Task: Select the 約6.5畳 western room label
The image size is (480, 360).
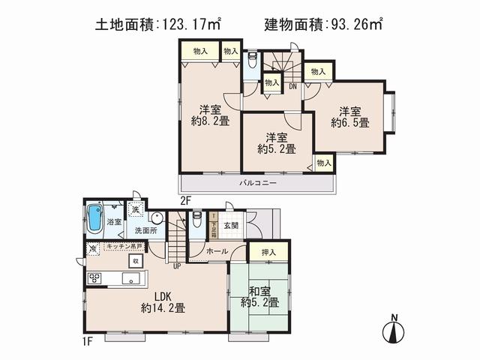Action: click(x=350, y=115)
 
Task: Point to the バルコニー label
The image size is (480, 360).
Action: click(x=259, y=183)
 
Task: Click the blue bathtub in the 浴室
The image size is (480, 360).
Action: click(x=94, y=219)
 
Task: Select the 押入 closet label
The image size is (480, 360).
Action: click(x=267, y=253)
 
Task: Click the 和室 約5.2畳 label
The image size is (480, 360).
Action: click(x=260, y=296)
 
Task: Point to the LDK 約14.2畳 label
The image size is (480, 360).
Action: click(x=163, y=301)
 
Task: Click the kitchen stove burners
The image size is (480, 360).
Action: click(x=95, y=278)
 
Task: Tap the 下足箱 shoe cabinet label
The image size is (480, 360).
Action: click(x=214, y=225)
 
